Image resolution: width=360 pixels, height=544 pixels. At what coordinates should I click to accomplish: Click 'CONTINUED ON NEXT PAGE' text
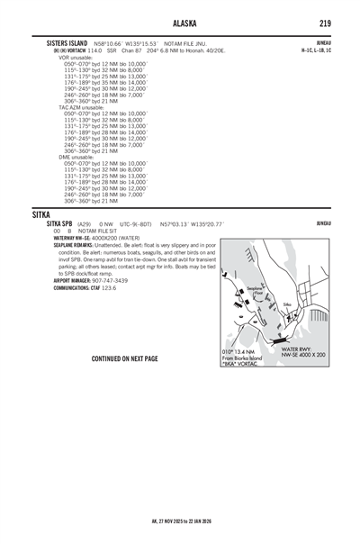click(124, 358)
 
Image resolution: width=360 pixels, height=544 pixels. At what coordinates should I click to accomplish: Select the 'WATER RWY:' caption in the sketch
click(299, 349)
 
